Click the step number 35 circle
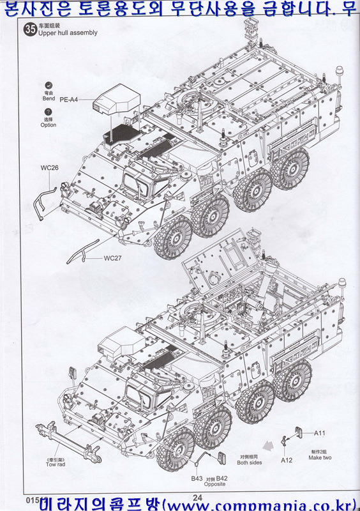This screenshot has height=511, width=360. coord(29,28)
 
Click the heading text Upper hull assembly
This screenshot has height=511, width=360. coord(68,33)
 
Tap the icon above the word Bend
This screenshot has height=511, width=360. coord(49,85)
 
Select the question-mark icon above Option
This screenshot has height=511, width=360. coord(49,111)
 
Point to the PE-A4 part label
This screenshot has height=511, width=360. coord(70,100)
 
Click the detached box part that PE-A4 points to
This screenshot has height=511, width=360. coord(118,102)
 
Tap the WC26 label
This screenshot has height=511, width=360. coord(49,168)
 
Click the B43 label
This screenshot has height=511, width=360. coord(197,478)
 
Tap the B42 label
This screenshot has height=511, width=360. coord(221,478)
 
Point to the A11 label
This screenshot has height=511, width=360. coord(319,432)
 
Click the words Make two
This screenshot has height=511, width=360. coord(319,457)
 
